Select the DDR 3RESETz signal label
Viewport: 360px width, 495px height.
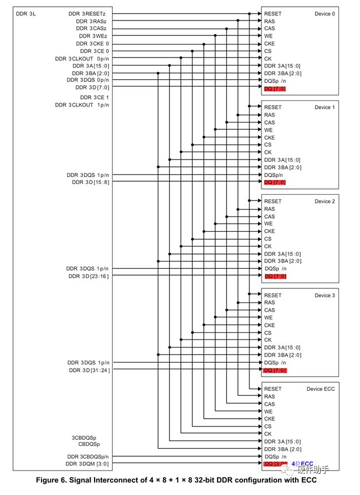(88, 14)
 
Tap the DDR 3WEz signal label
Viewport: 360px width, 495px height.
(92, 36)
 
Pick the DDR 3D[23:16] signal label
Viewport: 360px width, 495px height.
(88, 276)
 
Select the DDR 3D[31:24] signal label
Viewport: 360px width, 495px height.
(89, 370)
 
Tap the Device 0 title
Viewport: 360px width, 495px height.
(325, 14)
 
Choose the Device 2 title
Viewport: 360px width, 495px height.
(325, 202)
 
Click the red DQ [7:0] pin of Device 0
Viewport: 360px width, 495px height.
(275, 88)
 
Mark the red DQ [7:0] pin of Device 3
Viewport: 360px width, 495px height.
(275, 370)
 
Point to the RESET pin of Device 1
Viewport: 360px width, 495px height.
(273, 108)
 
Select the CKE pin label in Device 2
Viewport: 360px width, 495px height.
(269, 231)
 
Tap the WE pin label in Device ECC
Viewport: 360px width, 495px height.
(268, 411)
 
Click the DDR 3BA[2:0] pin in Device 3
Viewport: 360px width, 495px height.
(283, 355)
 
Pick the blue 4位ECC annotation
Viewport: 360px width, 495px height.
(302, 464)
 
